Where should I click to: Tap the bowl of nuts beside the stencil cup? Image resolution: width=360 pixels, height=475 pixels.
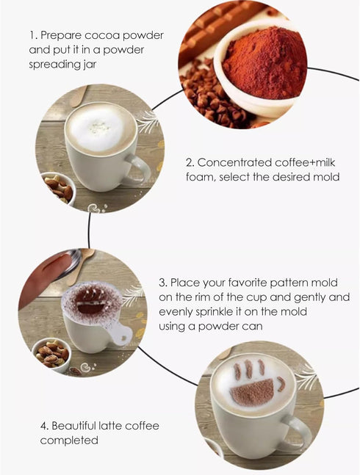51,353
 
